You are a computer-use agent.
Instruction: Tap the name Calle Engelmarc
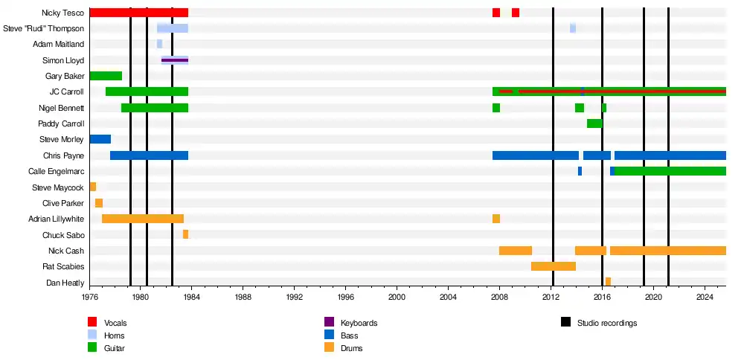[x=56, y=171]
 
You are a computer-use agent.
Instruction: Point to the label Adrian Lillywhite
[x=56, y=219]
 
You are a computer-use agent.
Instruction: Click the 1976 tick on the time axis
[x=89, y=296]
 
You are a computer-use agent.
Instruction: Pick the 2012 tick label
[x=551, y=296]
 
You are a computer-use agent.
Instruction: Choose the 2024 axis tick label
[x=705, y=296]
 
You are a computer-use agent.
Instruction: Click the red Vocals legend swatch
[x=92, y=322]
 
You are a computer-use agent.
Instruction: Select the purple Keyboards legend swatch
[x=329, y=322]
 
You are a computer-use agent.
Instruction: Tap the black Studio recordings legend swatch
[x=565, y=322]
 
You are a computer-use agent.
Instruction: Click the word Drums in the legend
[x=352, y=348]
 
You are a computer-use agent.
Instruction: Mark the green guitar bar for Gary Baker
[x=106, y=76]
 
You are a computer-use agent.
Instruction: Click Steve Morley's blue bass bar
[x=100, y=139]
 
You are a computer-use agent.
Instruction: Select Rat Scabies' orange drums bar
[x=553, y=266]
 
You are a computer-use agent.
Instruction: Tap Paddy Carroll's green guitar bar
[x=594, y=123]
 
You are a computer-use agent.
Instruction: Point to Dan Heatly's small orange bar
[x=608, y=282]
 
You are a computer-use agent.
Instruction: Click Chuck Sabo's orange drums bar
[x=185, y=234]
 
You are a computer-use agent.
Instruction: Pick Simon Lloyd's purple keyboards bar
[x=175, y=60]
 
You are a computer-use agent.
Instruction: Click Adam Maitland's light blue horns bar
[x=159, y=44]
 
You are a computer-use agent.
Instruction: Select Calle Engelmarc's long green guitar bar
[x=670, y=171]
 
